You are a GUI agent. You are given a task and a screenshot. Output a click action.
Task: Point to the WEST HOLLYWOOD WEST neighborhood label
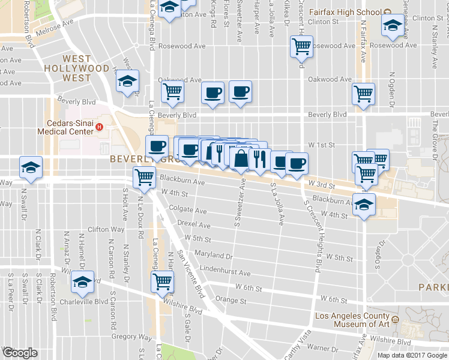click(77, 64)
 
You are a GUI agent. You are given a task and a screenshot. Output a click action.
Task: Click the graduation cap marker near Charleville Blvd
click(83, 281)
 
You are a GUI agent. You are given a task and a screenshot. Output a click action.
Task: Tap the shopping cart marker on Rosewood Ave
click(301, 46)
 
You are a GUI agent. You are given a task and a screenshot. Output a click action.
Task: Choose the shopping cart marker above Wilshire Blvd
click(163, 281)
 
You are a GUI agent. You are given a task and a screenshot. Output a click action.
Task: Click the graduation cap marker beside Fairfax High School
click(393, 26)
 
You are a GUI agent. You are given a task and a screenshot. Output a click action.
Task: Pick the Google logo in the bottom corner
click(19, 353)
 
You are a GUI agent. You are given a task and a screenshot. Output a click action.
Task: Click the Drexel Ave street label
click(194, 225)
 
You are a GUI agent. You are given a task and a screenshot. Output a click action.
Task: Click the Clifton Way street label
click(106, 229)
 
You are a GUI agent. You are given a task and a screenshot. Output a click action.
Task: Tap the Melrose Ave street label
click(55, 25)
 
